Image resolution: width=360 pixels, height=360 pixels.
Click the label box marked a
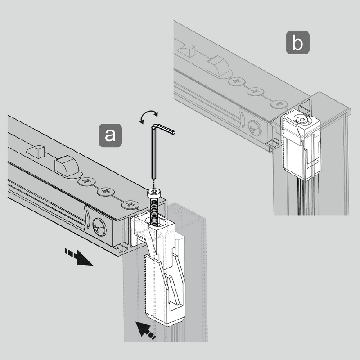110,135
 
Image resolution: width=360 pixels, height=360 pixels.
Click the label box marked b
297,43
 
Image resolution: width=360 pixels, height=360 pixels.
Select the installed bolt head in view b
301,121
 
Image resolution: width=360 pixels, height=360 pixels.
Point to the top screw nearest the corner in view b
279,103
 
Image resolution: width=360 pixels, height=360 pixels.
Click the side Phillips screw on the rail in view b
253,129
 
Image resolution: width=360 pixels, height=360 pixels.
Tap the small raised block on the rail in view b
188,50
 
